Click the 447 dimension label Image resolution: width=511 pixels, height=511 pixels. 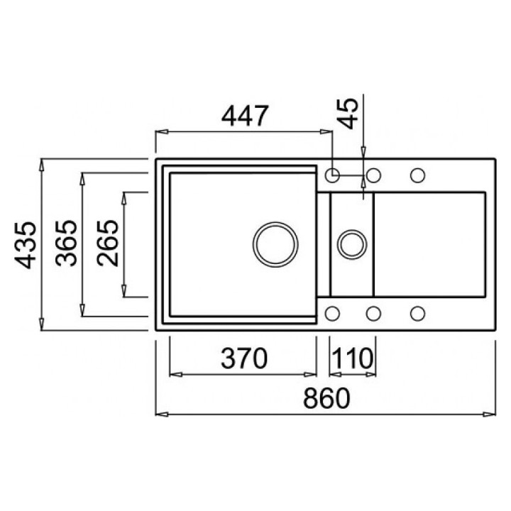[245, 116]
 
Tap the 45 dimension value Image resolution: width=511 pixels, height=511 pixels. [348, 114]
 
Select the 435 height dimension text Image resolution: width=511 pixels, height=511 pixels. [25, 245]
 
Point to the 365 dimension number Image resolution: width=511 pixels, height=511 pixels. [67, 243]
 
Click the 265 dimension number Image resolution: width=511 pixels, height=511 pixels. [108, 243]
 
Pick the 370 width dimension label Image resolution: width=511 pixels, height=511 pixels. [244, 358]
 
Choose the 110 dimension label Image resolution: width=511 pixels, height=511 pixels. [353, 358]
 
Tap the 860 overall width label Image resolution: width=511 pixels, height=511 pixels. [326, 398]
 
